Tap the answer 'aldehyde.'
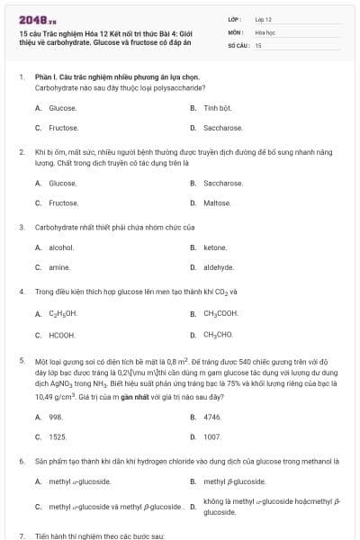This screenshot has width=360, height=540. tap(219, 267)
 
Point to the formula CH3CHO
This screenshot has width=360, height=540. tap(219, 334)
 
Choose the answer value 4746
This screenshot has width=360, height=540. tap(212, 417)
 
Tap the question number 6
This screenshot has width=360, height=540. tap(22, 461)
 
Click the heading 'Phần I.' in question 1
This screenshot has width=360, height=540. tap(47, 78)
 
